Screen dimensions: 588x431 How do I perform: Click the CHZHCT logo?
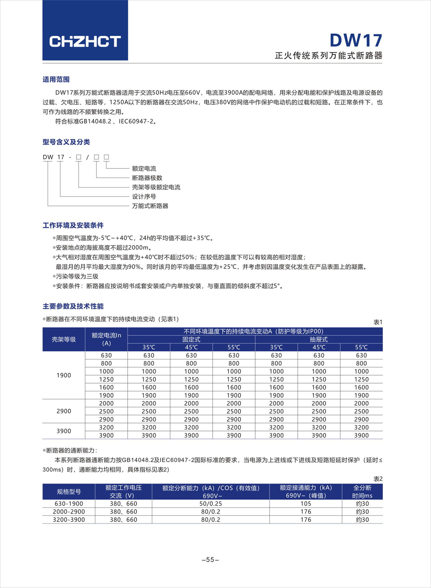pos(85,42)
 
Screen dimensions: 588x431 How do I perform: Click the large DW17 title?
pos(356,40)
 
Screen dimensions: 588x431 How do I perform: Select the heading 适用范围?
pos(56,79)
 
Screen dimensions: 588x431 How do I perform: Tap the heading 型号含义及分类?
pos(66,142)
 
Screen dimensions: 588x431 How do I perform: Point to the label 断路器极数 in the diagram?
pos(147,178)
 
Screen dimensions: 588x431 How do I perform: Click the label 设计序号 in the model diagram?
pos(144,197)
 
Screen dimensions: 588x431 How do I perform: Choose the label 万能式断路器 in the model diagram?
pos(150,206)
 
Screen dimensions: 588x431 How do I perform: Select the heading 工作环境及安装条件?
pos(73,225)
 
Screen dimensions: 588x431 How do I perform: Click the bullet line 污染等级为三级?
pos(77,276)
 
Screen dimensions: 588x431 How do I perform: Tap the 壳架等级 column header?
pos(64,339)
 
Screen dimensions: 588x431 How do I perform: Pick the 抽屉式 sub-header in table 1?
pos(319,339)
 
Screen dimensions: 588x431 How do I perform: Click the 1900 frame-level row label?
pos(64,375)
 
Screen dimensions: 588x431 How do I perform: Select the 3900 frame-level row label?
pos(64,431)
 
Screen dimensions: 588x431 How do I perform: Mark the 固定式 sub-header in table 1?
pos(191,339)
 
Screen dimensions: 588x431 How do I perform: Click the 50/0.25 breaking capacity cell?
pos(211,504)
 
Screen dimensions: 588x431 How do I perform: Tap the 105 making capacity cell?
pos(306,504)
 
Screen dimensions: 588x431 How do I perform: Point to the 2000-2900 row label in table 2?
pos(69,512)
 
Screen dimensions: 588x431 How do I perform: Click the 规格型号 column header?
pos(69,492)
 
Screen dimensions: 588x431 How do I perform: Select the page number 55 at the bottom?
pos(210,560)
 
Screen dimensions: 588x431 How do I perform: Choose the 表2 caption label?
pos(378,479)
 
